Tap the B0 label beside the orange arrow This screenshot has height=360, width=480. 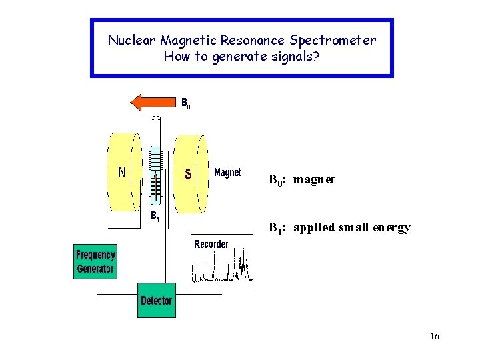(x=186, y=103)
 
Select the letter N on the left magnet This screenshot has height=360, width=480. (x=123, y=173)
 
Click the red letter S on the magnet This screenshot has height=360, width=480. (x=189, y=174)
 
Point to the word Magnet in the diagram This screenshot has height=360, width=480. (x=227, y=173)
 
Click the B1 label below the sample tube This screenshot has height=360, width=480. (x=155, y=215)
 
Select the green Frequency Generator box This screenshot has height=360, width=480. (x=95, y=262)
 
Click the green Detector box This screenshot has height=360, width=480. (x=156, y=301)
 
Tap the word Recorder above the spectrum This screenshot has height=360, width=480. (x=211, y=245)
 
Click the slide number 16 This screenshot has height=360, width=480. (x=434, y=336)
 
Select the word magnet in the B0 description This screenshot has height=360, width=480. (x=314, y=180)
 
